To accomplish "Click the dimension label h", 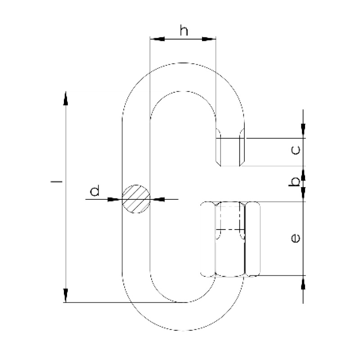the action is point(184,31).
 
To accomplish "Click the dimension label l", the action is point(57,182).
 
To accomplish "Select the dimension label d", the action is point(95,190).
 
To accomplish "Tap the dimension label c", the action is point(296,150).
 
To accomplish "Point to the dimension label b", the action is point(295,182).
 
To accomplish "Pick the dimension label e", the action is point(295,238).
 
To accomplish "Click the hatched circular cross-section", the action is point(136,199).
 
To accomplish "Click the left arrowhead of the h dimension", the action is point(157,39).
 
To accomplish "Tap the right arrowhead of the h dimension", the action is point(209,39).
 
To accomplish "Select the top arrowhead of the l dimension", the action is point(66,98).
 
